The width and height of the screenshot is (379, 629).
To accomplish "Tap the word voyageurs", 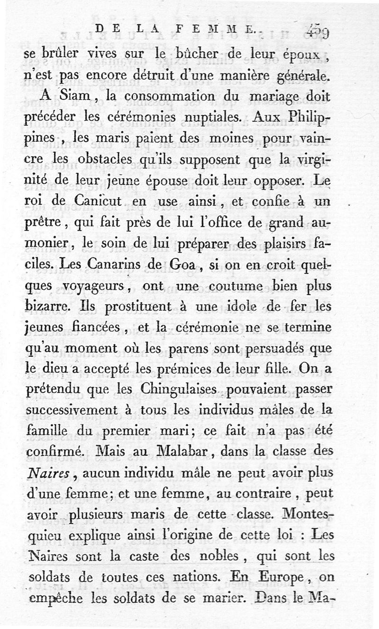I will coord(94,287).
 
